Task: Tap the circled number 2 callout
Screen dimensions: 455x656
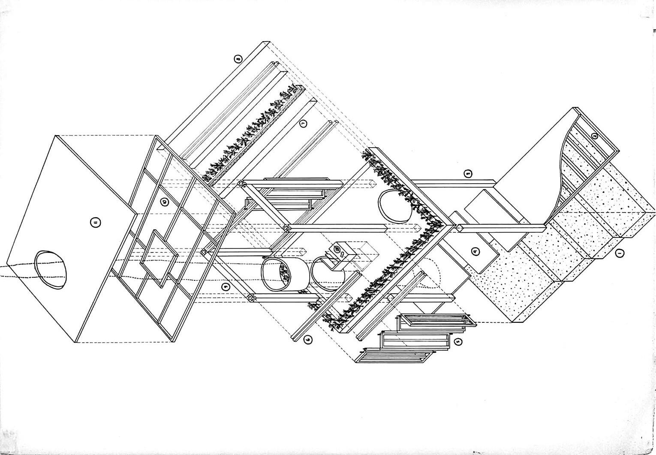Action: (x=594, y=136)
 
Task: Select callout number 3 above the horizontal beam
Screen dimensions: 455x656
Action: (x=468, y=174)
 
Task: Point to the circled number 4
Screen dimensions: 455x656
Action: (x=475, y=252)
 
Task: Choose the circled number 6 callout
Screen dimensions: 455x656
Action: (x=307, y=340)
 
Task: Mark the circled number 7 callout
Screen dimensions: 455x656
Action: (x=303, y=124)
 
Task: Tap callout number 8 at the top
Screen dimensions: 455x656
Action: (x=238, y=59)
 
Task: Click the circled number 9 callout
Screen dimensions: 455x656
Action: (x=226, y=287)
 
